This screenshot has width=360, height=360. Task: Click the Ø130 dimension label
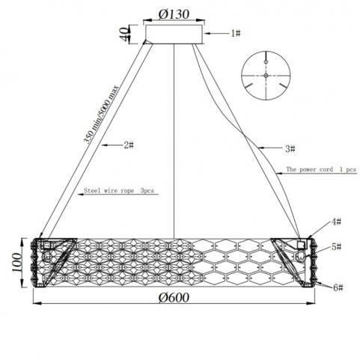(x=174, y=14)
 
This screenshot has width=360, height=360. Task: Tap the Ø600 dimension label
(x=174, y=297)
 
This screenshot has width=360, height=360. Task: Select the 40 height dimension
(x=124, y=34)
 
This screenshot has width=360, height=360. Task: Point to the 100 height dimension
(x=16, y=263)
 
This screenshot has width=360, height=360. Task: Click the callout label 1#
(x=235, y=33)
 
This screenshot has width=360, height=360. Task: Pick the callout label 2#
(x=129, y=144)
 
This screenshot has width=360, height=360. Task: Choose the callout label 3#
(x=290, y=149)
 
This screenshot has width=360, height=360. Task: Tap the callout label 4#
(x=336, y=222)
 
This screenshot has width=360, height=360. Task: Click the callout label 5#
(x=337, y=246)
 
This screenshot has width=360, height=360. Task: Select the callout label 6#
(x=338, y=287)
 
